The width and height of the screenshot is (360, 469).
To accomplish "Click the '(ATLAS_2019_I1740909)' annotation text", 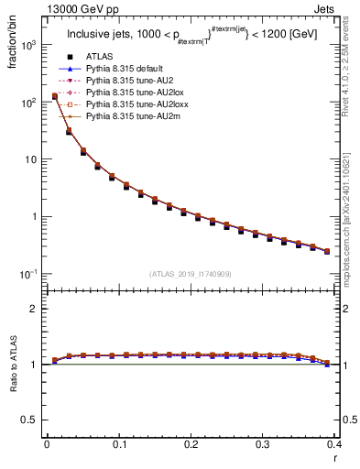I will point(191,274).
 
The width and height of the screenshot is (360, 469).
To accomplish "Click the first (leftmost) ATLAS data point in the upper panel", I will point(54,97).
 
